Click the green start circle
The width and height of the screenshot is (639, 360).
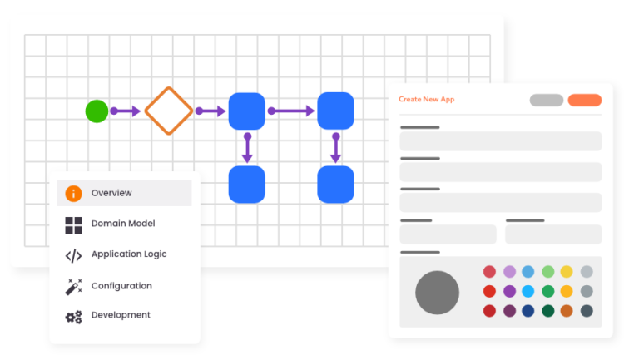pyautogui.click(x=97, y=111)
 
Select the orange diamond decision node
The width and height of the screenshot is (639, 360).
pyautogui.click(x=169, y=111)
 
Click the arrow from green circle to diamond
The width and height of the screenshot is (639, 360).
pyautogui.click(x=126, y=111)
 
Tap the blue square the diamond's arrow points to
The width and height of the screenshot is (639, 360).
pyautogui.click(x=246, y=111)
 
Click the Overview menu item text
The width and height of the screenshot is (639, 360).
pyautogui.click(x=111, y=193)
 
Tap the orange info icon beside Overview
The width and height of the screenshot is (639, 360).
pyautogui.click(x=74, y=193)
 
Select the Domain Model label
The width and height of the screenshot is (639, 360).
pyautogui.click(x=123, y=224)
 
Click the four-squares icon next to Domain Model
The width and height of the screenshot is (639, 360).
pyautogui.click(x=74, y=224)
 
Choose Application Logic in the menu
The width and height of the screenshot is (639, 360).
pyautogui.click(x=129, y=254)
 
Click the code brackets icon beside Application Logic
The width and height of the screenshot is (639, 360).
pyautogui.click(x=74, y=255)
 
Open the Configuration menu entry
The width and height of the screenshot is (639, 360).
pyautogui.click(x=121, y=286)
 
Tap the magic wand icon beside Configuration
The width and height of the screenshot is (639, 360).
pyautogui.click(x=74, y=287)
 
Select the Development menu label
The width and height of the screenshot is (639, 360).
pyautogui.click(x=121, y=315)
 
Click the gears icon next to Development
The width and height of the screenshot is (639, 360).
pyautogui.click(x=74, y=317)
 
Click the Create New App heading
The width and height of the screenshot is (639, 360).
pyautogui.click(x=426, y=99)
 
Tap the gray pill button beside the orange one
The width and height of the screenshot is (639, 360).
pyautogui.click(x=547, y=100)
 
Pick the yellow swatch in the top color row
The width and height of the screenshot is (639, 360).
pyautogui.click(x=567, y=272)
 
